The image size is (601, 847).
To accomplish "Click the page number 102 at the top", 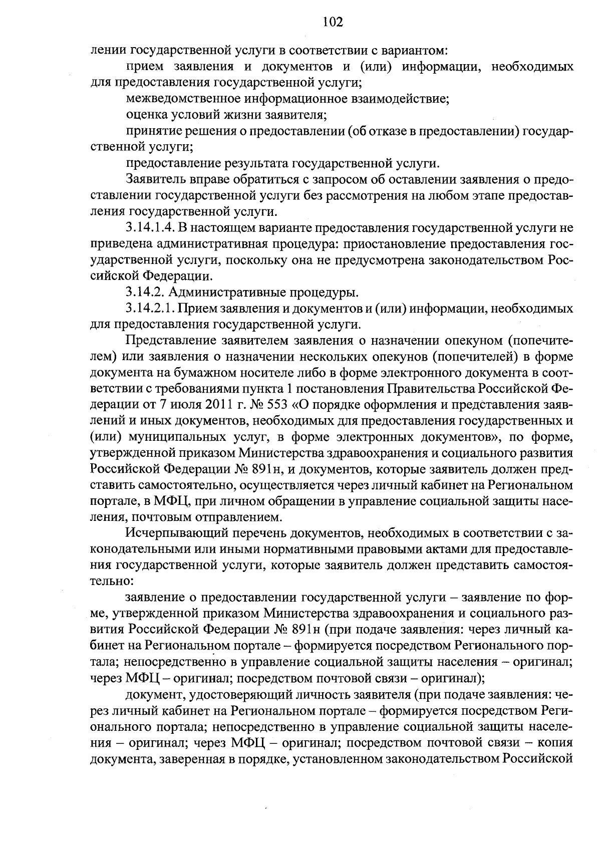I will pos(333,22).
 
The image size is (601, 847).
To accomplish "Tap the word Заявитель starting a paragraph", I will pos(152,179).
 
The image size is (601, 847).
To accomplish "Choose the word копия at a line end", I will pos(554,742).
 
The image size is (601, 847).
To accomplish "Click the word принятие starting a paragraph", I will pos(148,131).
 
